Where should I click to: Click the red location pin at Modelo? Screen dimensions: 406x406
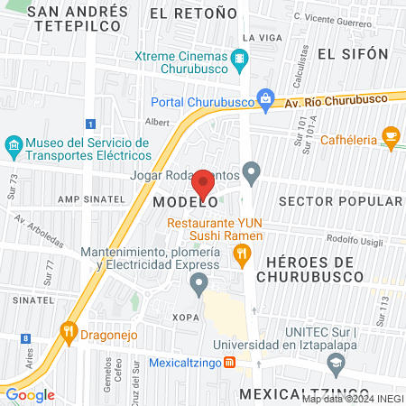[204, 184]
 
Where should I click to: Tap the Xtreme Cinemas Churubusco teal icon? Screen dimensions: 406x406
[239, 60]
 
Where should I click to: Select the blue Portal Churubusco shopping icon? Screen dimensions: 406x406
[265, 100]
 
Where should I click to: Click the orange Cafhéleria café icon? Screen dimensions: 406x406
[391, 136]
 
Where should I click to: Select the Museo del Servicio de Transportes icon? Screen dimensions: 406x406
[13, 144]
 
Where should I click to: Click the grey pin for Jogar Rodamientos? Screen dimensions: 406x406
[252, 170]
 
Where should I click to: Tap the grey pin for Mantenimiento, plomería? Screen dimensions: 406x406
[198, 285]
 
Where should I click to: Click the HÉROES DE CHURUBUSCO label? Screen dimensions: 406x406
[327, 269]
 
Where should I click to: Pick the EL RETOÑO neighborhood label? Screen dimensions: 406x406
[185, 14]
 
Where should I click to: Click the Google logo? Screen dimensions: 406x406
[30, 394]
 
